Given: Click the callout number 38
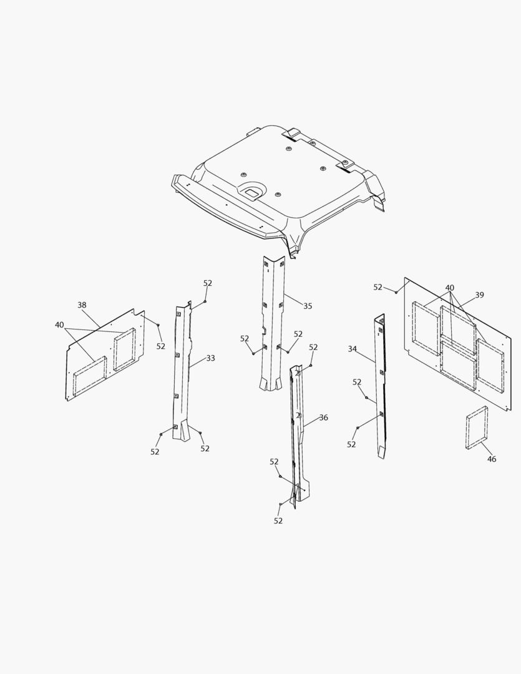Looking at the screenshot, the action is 82,305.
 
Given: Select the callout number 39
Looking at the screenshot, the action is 479,295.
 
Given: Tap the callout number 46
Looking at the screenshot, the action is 491,459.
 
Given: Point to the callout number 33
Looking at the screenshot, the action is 210,358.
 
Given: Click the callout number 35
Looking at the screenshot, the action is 308,306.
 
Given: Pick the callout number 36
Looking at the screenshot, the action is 323,418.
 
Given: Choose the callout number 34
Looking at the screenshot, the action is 352,349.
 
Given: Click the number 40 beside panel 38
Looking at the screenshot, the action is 59,325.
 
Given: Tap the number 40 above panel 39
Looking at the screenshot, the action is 449,288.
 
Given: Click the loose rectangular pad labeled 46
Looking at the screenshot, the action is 477,427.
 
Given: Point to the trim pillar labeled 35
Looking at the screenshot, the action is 273,323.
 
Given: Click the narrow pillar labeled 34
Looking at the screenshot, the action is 379,384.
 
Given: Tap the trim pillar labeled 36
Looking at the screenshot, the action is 298,434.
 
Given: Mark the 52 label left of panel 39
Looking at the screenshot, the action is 377,287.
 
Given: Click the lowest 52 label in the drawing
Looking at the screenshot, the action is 278,520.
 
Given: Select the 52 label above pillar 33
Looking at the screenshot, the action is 208,283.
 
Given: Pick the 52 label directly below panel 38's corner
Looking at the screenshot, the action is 160,346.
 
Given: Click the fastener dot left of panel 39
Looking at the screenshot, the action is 396,292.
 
